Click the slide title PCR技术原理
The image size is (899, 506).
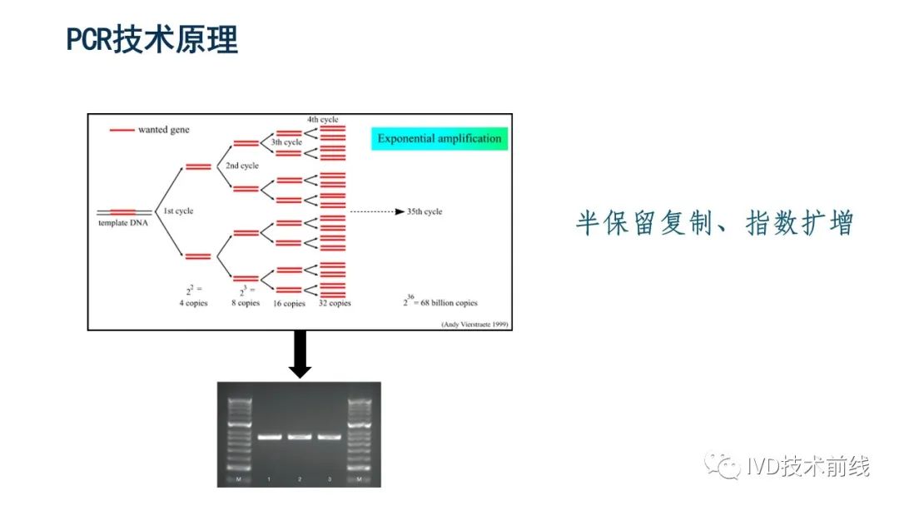152,39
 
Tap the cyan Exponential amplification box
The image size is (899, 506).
439,138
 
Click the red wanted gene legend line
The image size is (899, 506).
122,130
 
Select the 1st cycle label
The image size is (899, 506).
178,211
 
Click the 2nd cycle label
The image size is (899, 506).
242,166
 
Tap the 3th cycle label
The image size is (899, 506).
286,142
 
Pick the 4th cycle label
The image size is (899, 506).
323,120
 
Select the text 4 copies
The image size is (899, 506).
193,303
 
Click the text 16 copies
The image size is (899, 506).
289,304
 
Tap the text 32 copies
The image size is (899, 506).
335,303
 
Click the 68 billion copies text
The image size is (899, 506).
445,303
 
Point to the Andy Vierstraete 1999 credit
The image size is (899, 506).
474,324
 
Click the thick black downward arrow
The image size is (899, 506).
300,354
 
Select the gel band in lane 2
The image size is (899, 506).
300,436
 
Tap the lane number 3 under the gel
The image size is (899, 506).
329,479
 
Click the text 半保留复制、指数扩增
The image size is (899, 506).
715,223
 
